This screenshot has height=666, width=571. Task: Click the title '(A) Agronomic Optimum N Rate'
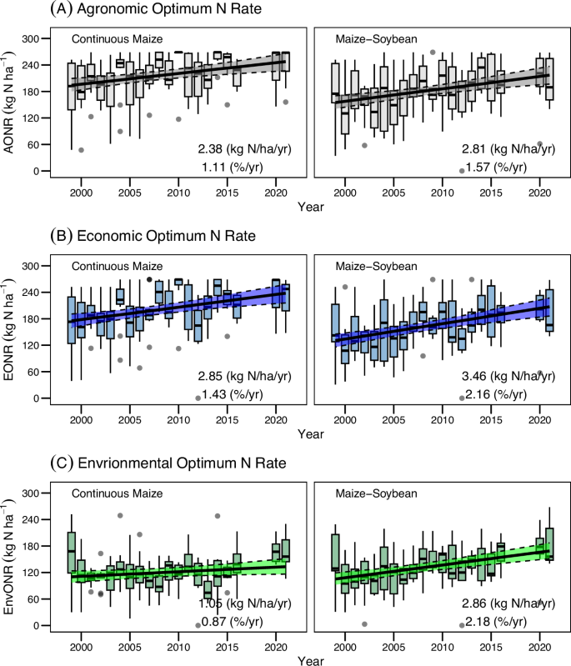134,11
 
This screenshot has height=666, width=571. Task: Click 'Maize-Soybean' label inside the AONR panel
368,38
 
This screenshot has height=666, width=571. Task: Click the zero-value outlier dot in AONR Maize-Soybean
462,171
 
